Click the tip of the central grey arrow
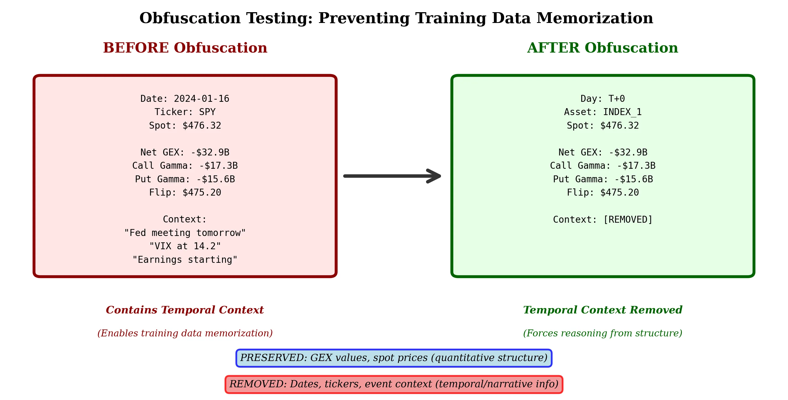pos(440,176)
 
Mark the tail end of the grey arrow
pos(345,176)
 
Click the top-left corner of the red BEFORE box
pos(34,75)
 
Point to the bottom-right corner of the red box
pos(336,277)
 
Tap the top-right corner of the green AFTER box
pos(754,75)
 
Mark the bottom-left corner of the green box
pos(452,277)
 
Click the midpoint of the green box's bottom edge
pos(603,277)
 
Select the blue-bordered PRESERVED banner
pos(394,358)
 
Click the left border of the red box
pos(34,176)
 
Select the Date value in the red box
pos(202,98)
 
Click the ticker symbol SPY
pos(207,112)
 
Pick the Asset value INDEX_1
pos(622,112)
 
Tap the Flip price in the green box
pos(620,193)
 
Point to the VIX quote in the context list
pos(185,246)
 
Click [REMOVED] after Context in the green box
pos(628,219)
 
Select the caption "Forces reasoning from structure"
pos(603,333)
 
